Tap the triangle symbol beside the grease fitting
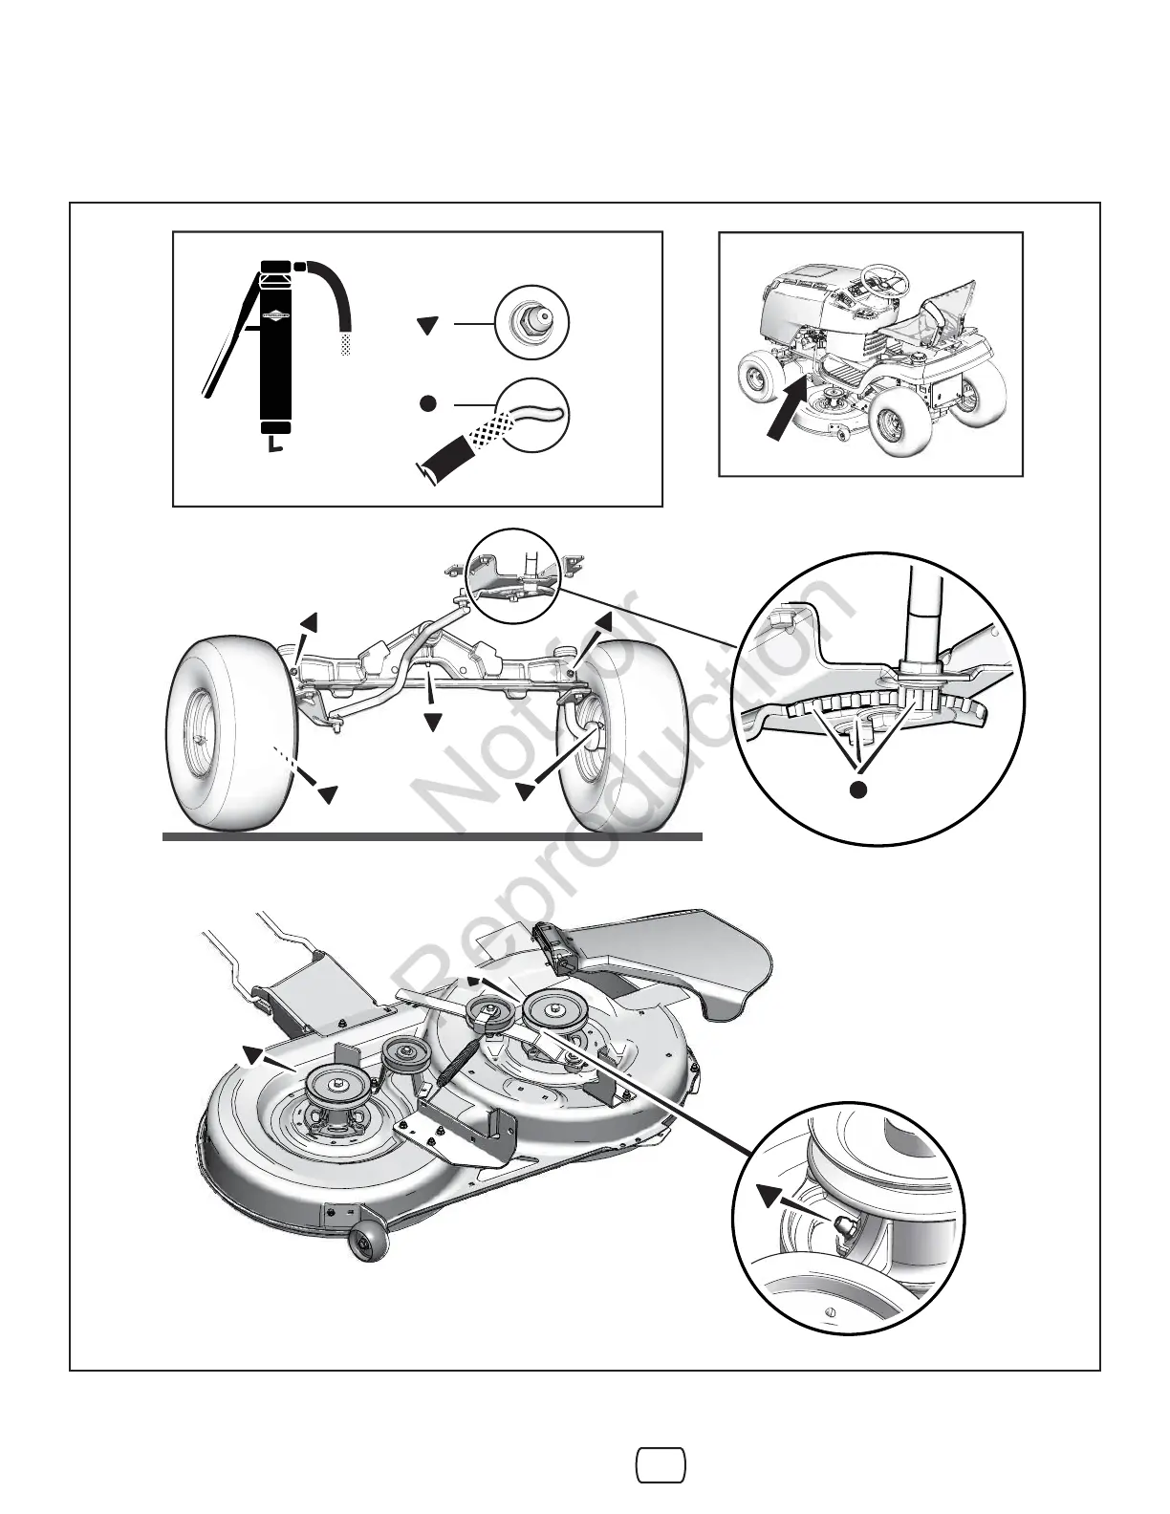[428, 326]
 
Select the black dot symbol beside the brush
[428, 403]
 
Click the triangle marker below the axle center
[433, 721]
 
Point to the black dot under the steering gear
[859, 789]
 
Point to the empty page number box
[661, 1464]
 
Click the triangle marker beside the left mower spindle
[252, 1054]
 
